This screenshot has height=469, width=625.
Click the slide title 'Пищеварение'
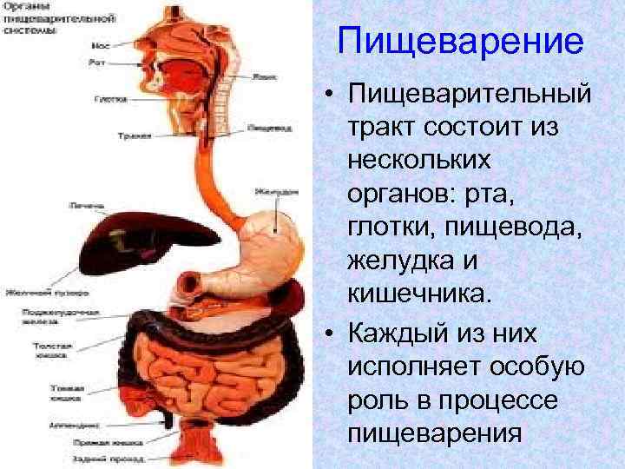click(459, 41)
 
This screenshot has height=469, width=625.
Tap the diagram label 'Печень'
click(83, 205)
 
